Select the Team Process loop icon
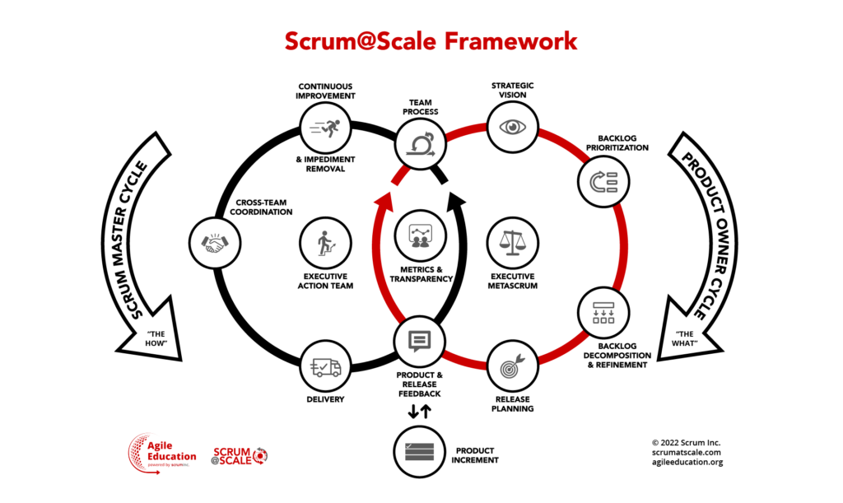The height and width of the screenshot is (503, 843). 420,146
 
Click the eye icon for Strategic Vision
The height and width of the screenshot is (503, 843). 513,127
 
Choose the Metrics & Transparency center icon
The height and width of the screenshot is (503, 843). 420,237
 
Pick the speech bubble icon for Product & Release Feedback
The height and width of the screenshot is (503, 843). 420,341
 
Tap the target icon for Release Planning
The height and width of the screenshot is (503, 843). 513,366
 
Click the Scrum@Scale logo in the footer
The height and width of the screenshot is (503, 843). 240,455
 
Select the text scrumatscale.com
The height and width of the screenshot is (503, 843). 687,452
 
